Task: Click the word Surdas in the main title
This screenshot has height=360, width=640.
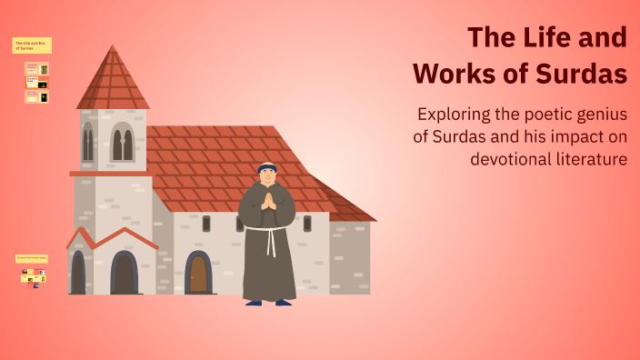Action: pyautogui.click(x=582, y=73)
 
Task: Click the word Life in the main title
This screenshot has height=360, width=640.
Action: pyautogui.click(x=543, y=38)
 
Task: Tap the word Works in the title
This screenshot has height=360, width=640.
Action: pyautogui.click(x=455, y=73)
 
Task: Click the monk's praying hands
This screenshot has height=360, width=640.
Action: pyautogui.click(x=267, y=201)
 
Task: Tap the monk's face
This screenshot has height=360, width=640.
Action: pyautogui.click(x=266, y=175)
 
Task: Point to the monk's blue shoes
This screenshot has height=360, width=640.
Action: pyautogui.click(x=269, y=302)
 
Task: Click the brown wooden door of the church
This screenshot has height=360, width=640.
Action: pyautogui.click(x=198, y=273)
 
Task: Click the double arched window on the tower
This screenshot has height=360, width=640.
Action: pyautogui.click(x=122, y=144)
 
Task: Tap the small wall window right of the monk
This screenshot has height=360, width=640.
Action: pyautogui.click(x=307, y=223)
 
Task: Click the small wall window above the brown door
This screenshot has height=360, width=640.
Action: pyautogui.click(x=206, y=223)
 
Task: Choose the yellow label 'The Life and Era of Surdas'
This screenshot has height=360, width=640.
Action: pyautogui.click(x=32, y=45)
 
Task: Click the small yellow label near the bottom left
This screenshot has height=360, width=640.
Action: pyautogui.click(x=32, y=258)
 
